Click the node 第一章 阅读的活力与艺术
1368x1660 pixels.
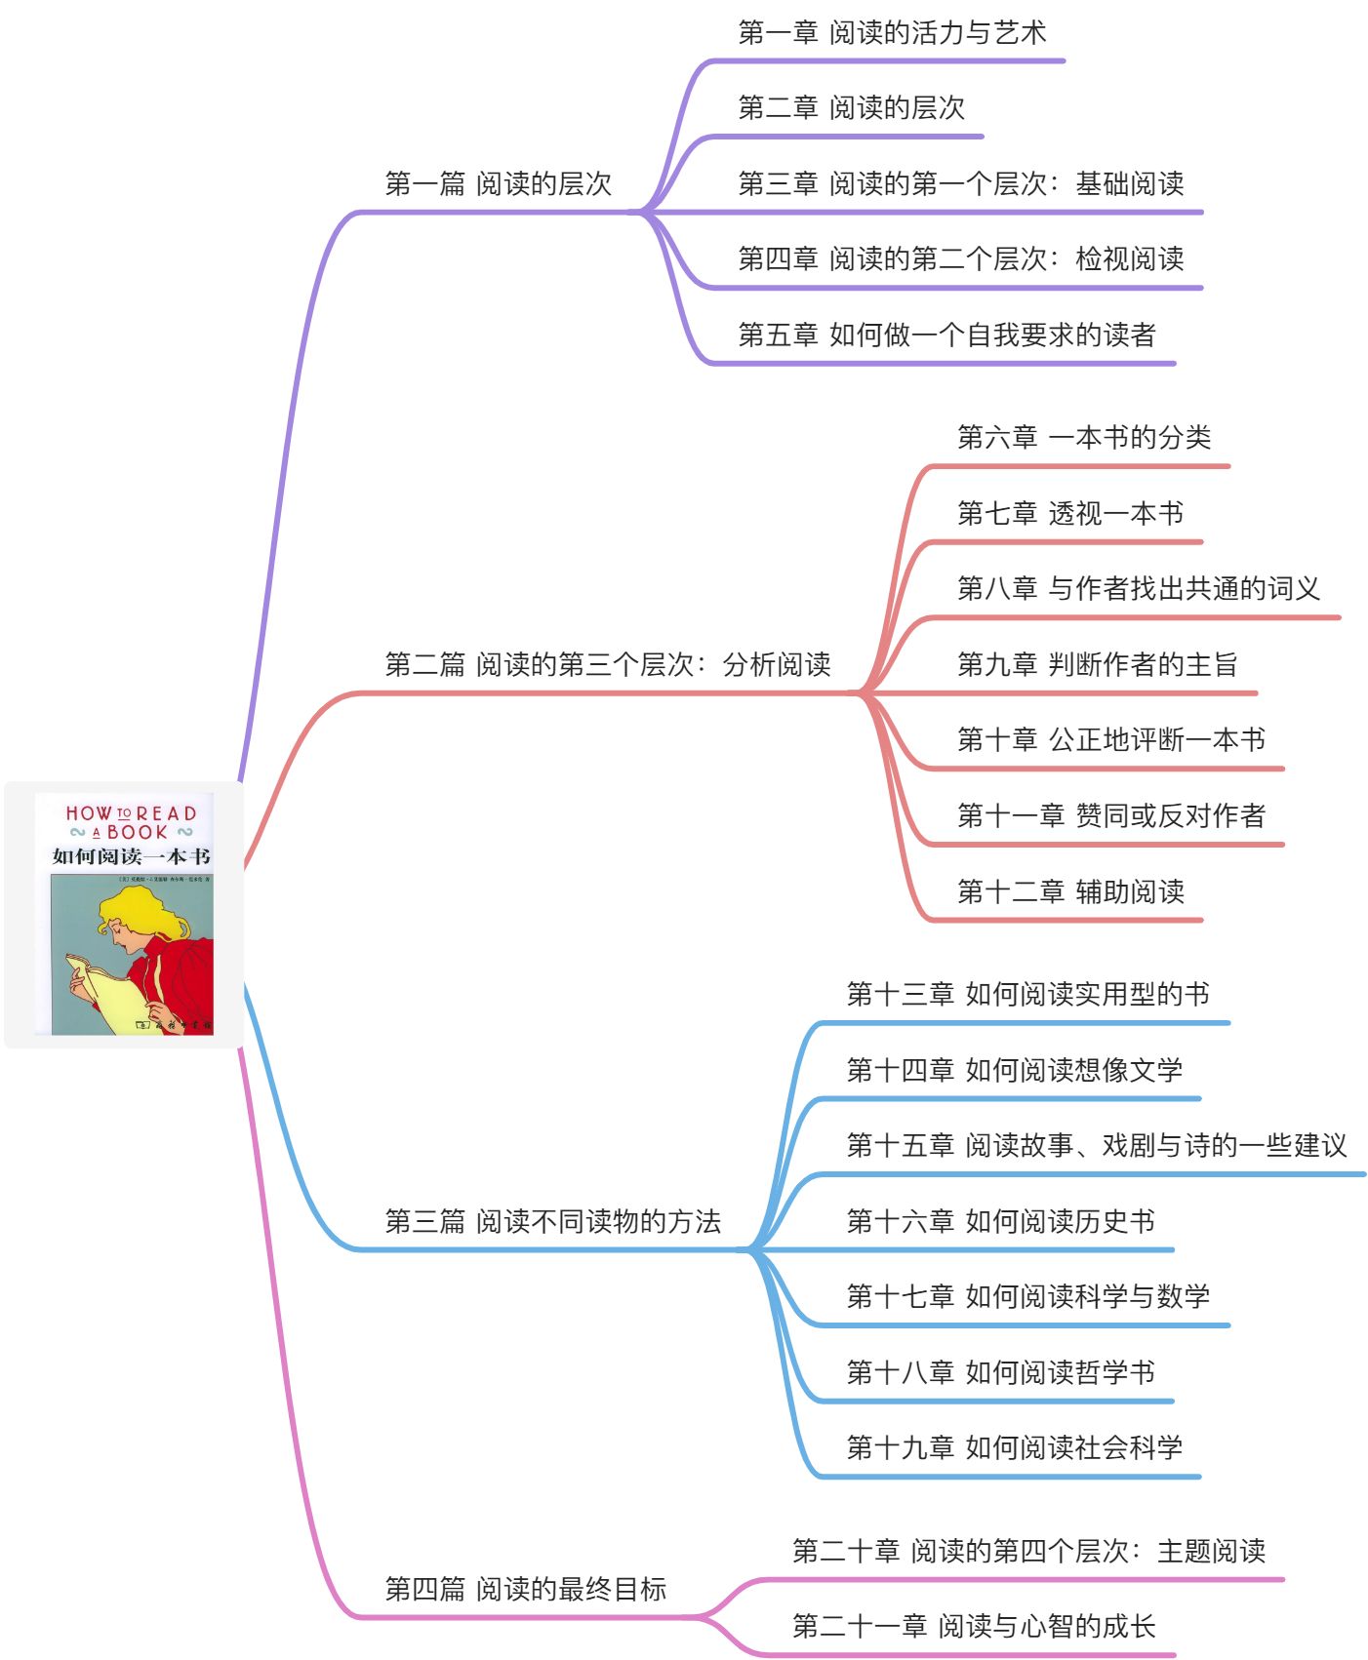pos(892,33)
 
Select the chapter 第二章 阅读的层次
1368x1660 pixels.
pos(851,108)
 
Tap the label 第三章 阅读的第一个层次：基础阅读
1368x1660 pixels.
pos(960,183)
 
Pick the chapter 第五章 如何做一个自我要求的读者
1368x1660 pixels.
pos(946,336)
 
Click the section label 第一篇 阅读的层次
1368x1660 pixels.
pos(498,183)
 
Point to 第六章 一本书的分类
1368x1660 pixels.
pos(1083,438)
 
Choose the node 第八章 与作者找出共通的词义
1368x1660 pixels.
pos(1138,589)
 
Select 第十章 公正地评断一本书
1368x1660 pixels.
pos(1110,740)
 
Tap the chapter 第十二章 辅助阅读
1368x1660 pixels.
pos(1070,891)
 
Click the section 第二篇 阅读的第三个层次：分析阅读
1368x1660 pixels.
pos(607,665)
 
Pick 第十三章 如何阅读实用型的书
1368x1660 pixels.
pos(1027,995)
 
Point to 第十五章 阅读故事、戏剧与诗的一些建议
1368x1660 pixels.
pos(1096,1146)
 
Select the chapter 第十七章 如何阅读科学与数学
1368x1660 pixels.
pos(1027,1297)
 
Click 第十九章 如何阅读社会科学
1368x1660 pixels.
pos(1014,1448)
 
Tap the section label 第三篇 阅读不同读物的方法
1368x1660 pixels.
pos(552,1222)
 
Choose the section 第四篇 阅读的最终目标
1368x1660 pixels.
pos(525,1590)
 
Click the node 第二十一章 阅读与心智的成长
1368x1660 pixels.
pos(973,1627)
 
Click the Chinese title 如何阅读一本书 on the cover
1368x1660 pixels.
pos(131,856)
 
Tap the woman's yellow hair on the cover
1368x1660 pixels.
pos(141,912)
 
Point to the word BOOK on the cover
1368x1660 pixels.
pos(137,832)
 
